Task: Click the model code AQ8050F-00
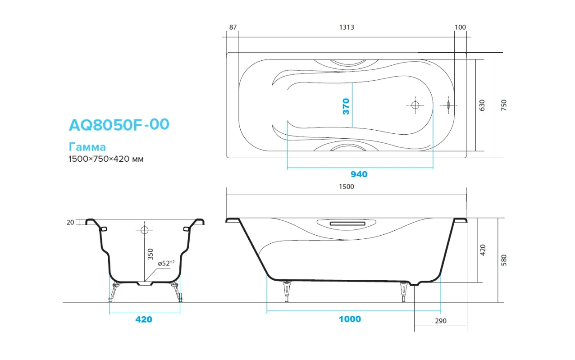[x=119, y=125]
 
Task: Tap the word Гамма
[x=87, y=147]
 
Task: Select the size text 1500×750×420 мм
[x=106, y=159]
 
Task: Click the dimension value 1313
[x=347, y=27]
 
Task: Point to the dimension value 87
[x=233, y=27]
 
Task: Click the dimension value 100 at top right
[x=460, y=27]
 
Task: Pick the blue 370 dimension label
[x=346, y=106]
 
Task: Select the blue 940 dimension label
[x=359, y=174]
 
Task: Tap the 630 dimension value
[x=482, y=105]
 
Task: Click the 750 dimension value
[x=504, y=105]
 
